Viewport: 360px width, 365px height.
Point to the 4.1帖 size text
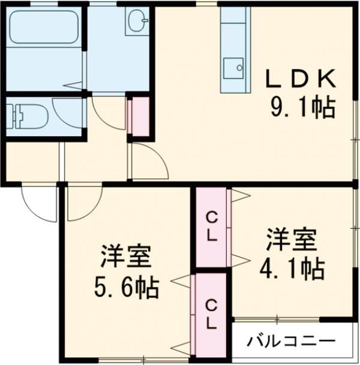(292, 269)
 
